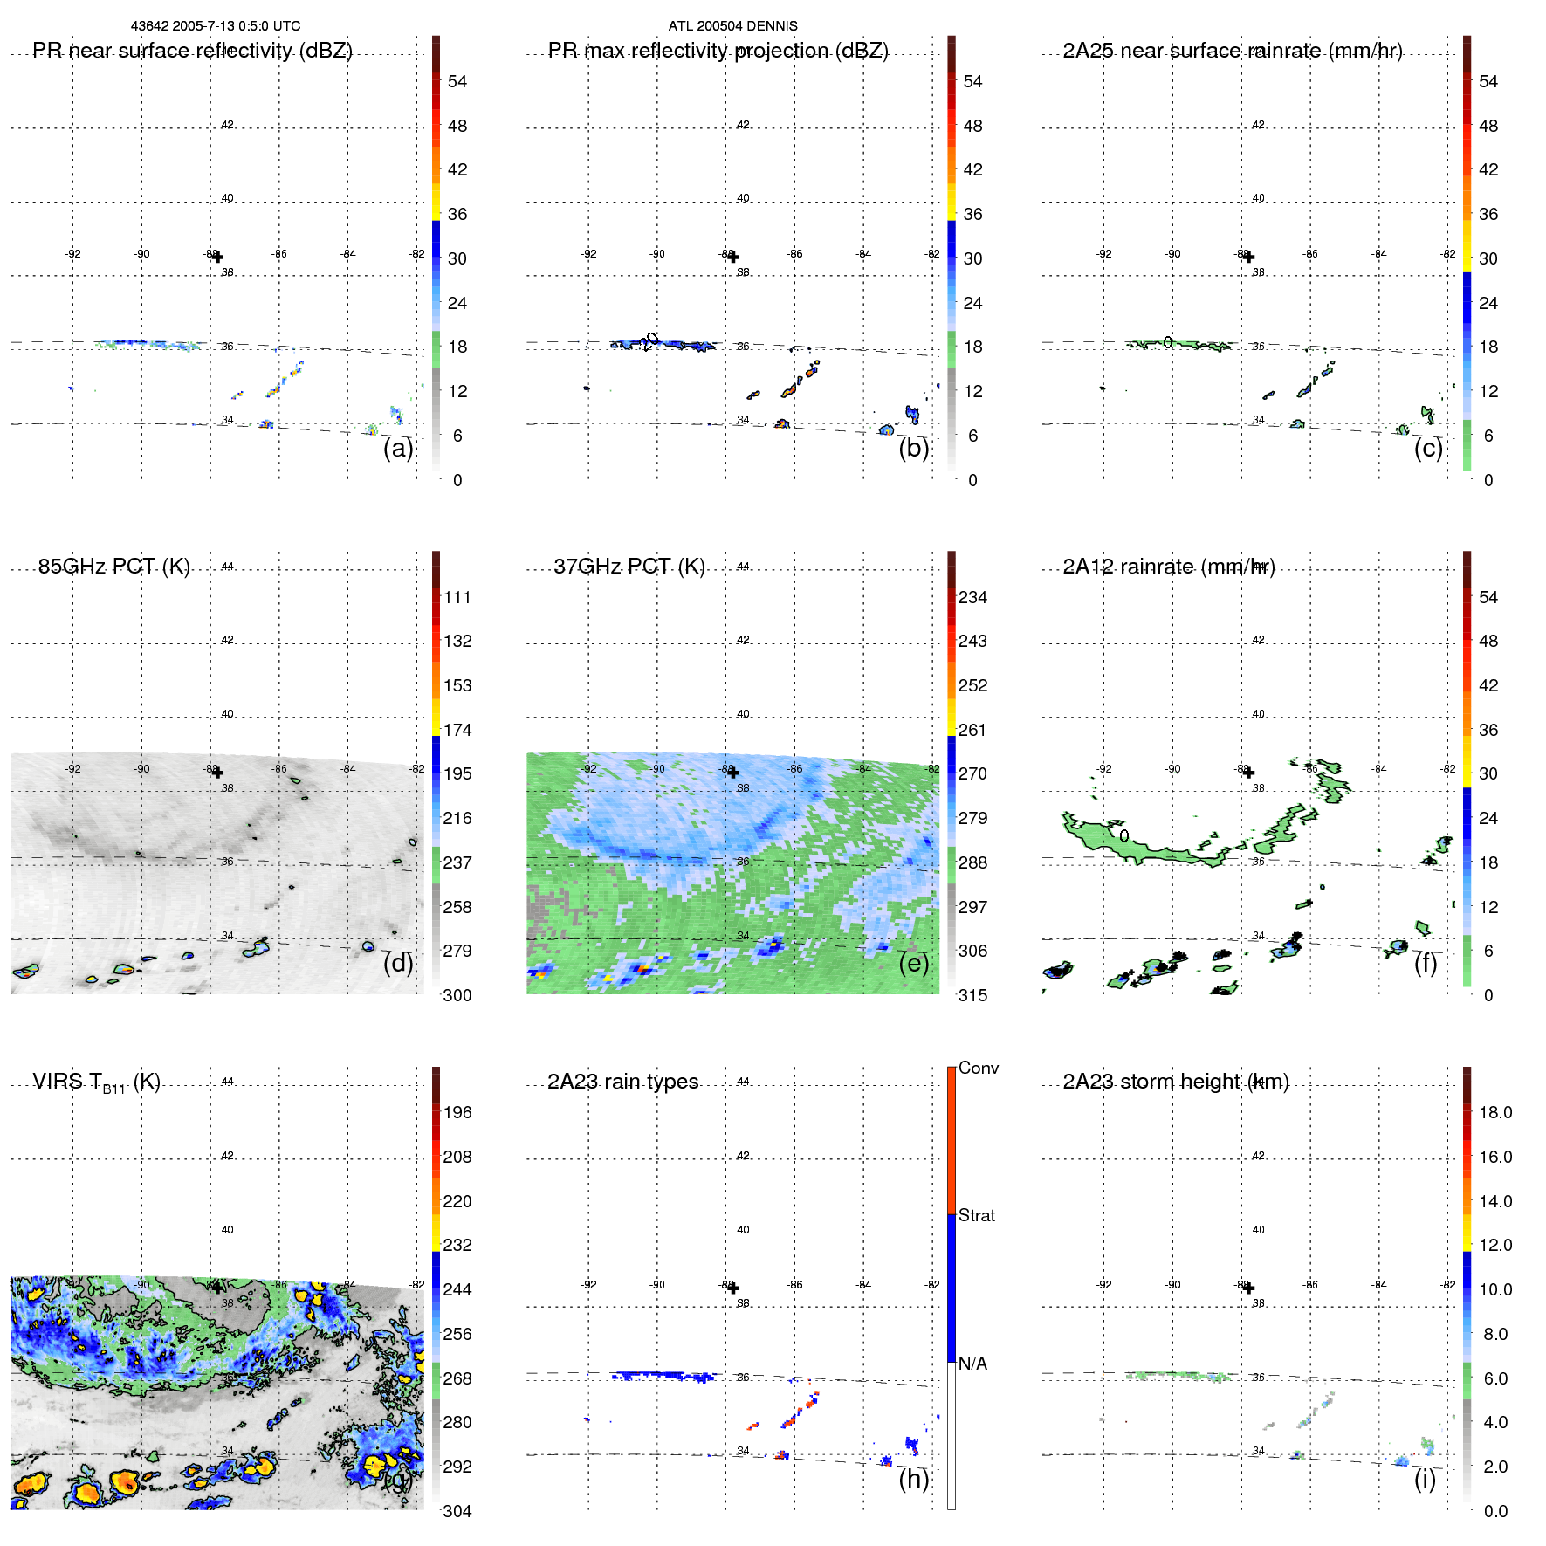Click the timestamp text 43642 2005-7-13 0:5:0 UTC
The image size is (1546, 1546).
click(215, 26)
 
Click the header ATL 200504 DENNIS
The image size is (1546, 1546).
click(732, 26)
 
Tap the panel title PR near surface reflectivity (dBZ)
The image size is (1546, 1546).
click(192, 51)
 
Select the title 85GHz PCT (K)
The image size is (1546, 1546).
click(113, 567)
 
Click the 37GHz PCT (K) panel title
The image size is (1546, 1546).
click(629, 567)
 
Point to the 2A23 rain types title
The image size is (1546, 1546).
click(622, 1082)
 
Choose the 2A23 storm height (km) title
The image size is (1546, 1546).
click(1175, 1082)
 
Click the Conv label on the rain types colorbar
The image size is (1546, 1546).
click(978, 1068)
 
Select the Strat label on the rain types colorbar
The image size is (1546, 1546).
click(976, 1215)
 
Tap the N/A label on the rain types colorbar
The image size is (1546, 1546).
click(972, 1364)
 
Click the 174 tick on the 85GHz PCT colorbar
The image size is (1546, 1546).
click(457, 730)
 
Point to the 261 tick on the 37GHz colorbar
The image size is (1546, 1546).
click(972, 730)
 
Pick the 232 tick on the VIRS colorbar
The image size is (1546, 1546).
click(457, 1245)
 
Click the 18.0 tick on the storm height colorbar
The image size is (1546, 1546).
click(1494, 1112)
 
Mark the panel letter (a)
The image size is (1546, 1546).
click(398, 448)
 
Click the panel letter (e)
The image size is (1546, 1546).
click(913, 963)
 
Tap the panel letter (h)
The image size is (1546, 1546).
click(913, 1479)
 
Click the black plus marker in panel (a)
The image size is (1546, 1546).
click(217, 257)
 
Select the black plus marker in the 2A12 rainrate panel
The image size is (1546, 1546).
click(1248, 772)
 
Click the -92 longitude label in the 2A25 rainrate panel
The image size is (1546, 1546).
click(1104, 254)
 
